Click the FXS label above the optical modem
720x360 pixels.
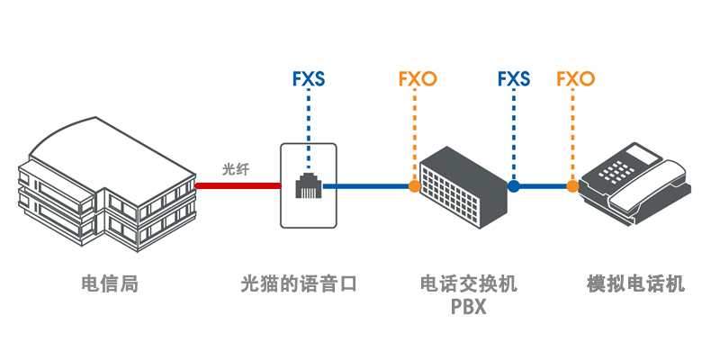point(309,79)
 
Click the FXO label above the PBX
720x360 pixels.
point(417,79)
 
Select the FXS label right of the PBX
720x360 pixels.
point(514,79)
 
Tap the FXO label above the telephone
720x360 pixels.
point(576,79)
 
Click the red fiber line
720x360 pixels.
point(237,186)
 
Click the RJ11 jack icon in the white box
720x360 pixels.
point(308,186)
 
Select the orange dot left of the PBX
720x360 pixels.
point(414,186)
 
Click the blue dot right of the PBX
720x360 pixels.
point(514,186)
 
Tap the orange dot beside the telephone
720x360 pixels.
point(572,186)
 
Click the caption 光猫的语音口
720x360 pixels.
point(299,285)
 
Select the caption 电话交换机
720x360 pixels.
point(469,285)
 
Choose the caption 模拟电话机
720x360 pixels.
point(635,285)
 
